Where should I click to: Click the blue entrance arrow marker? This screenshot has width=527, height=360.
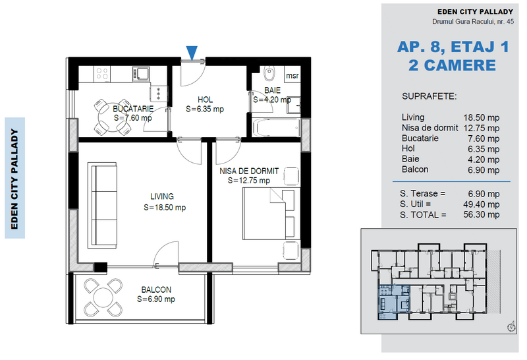192,53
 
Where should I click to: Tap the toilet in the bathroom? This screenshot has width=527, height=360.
269,73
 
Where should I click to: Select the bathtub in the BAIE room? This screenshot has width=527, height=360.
276,127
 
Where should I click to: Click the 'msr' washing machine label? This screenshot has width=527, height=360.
292,76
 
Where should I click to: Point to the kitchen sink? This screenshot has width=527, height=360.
141,73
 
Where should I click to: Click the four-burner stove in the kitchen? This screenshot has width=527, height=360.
102,73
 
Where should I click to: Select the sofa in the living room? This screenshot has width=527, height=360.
102,205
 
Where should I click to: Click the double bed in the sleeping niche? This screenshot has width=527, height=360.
271,214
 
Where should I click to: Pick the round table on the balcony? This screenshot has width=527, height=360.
103,297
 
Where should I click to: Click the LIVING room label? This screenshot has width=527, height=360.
162,196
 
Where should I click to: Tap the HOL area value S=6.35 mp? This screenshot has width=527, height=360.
205,109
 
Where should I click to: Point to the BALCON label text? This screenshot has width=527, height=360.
156,289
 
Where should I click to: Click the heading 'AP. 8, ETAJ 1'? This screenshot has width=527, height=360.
453,47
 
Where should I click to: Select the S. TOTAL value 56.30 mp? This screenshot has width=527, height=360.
482,215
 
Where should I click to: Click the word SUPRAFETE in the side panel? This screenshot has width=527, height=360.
430,96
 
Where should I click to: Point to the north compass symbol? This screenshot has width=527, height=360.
512,326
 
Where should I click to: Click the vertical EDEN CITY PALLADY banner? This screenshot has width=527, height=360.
14,178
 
